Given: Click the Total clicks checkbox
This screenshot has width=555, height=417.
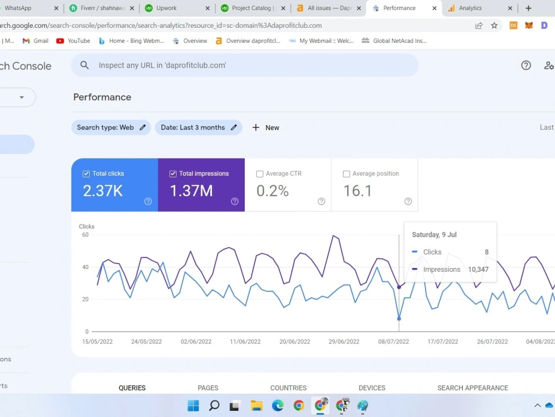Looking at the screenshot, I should pos(86,174).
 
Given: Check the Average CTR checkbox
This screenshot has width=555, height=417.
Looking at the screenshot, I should pos(260,174).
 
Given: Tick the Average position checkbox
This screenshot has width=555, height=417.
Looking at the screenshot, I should pos(346,174).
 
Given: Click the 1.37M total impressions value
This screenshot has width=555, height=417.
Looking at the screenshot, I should pos(191,191).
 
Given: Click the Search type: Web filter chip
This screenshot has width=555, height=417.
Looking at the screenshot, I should pos(111,127).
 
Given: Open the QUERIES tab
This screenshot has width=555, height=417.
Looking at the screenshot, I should pos(132,388).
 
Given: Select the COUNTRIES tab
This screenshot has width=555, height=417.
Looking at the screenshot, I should pos(288,388).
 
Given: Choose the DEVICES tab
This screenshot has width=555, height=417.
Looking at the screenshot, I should pos(372,388).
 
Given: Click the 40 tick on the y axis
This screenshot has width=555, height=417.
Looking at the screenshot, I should pos(85,267).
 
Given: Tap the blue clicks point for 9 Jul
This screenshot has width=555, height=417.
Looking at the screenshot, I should pos(399,319).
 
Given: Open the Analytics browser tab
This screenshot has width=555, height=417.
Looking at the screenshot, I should pos(470,8).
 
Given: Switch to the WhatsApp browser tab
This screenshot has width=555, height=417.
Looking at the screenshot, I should pos(18,8).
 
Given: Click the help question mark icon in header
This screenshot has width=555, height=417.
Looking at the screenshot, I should pos(526,65).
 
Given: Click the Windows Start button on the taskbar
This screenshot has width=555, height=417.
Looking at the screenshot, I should pos(193,405).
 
